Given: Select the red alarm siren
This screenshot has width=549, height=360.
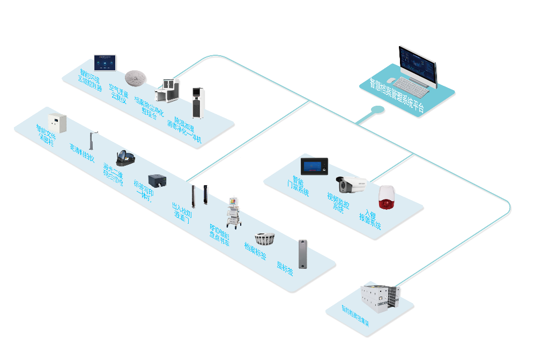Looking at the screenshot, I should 386,197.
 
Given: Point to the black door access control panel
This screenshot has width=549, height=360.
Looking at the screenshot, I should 314,166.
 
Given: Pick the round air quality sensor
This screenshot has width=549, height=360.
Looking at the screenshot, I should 136,78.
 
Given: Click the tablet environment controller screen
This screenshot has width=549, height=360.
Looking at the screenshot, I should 105,63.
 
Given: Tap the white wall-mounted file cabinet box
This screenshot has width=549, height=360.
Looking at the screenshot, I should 57,124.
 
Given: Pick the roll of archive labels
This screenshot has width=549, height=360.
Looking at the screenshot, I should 265,238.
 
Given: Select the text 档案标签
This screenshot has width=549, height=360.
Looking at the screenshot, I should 255,252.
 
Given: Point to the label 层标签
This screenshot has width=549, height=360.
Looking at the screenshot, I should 285,268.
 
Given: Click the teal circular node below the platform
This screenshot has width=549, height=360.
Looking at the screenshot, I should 378,109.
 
